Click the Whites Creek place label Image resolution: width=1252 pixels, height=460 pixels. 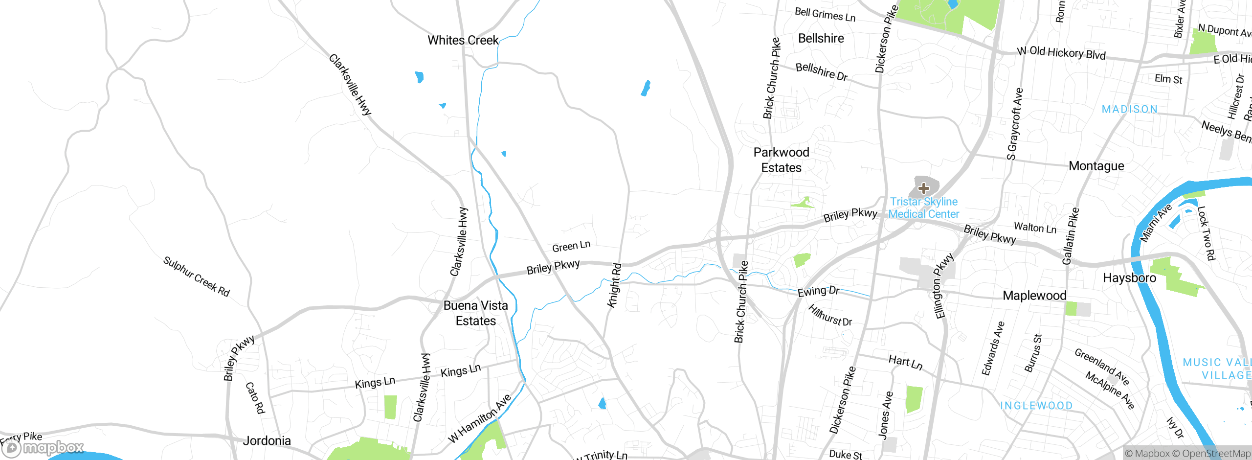pos(463,40)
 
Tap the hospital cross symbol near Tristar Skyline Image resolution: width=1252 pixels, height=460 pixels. pos(923,188)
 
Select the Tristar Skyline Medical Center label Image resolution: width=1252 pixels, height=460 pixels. pos(923,208)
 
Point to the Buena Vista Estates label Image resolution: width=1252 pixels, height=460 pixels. pos(475,313)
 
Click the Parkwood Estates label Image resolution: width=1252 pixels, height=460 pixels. pos(781,160)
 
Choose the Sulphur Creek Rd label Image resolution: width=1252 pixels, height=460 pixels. pos(196,276)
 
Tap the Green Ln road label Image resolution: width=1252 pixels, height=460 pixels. pos(571,246)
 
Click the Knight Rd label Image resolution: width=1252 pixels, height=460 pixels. pos(614,286)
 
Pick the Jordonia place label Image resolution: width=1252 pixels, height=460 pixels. pos(267,441)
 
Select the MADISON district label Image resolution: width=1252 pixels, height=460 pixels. pos(1129,110)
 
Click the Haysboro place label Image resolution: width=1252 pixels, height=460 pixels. pos(1129,278)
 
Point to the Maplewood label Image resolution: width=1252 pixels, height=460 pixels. pos(1034,296)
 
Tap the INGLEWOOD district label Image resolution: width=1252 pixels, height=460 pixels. pos(1036,406)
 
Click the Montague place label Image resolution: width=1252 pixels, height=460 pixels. pos(1096,166)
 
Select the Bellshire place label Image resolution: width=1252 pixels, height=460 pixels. pos(821,39)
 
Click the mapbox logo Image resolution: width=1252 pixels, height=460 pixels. pos(43,448)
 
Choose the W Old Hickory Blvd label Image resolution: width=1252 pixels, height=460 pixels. pos(1061,53)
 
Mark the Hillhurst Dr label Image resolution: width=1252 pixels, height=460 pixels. pos(830,316)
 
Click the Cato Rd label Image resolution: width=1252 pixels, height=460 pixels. pos(255,398)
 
